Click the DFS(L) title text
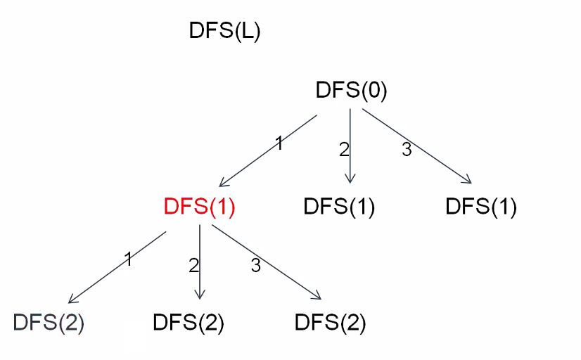(225, 32)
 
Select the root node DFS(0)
(352, 91)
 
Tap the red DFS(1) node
(199, 207)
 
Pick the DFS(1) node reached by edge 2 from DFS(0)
(339, 207)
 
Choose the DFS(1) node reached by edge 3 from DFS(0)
(481, 207)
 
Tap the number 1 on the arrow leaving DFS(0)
(279, 144)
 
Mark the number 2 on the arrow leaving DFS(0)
(344, 149)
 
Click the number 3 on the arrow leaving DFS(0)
(406, 149)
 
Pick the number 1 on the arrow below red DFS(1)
(129, 259)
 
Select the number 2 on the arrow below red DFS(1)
(193, 265)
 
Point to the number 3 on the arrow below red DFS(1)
(255, 265)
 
